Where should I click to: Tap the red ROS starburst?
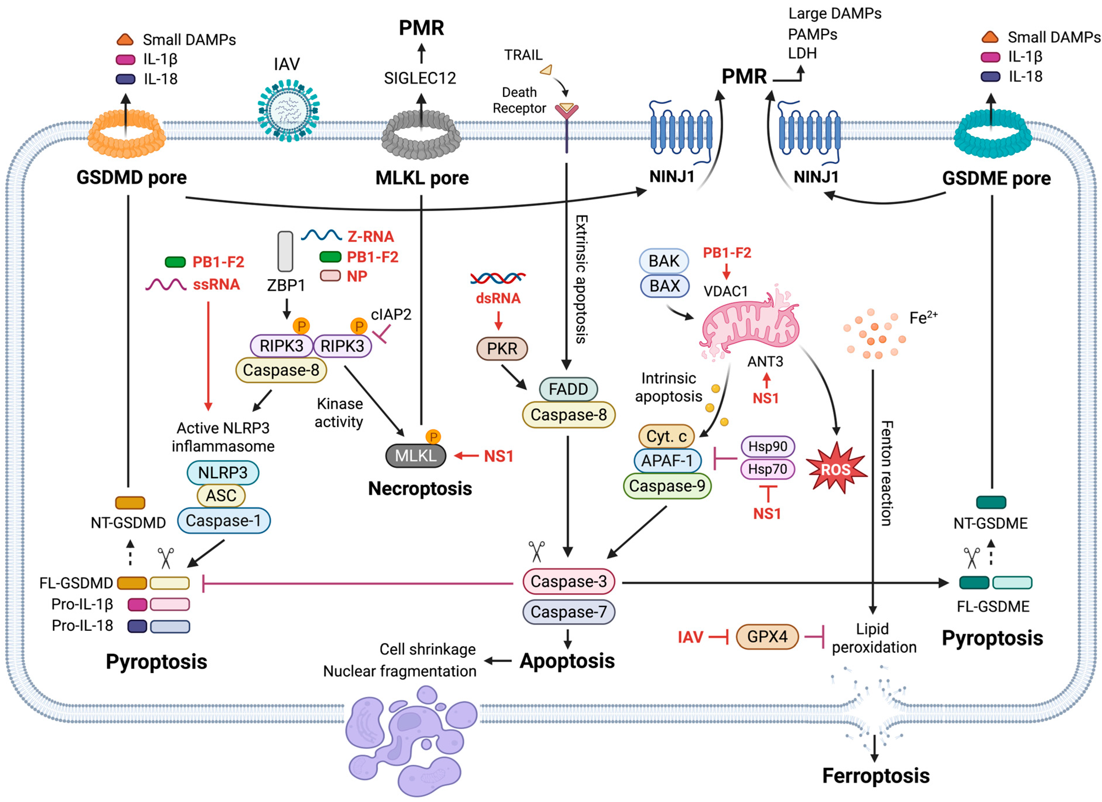[x=836, y=469]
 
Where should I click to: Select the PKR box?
[x=502, y=348]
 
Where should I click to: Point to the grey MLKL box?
[x=415, y=456]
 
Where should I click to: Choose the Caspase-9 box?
[x=667, y=486]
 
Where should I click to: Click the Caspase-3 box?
[x=569, y=581]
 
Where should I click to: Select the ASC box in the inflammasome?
[x=221, y=495]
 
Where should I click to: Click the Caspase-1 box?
[x=224, y=521]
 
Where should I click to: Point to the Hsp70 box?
[x=767, y=469]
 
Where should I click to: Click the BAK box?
[x=664, y=261]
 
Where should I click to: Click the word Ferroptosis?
[x=875, y=776]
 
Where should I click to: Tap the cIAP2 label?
[x=391, y=315]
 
